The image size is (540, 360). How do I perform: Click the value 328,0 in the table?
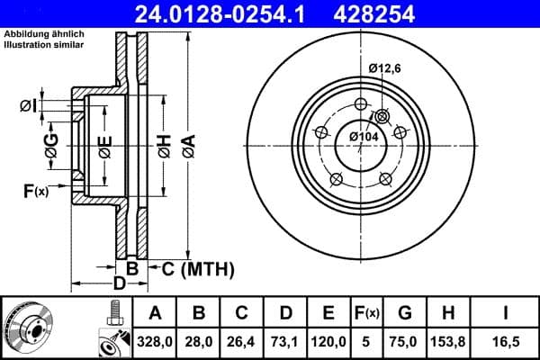pos(155,342)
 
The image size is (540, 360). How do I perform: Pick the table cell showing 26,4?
pos(241,342)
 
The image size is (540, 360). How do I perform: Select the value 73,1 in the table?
pos(284,342)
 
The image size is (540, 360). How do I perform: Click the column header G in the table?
pos(405,313)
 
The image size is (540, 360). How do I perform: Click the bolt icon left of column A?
pos(115,311)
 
